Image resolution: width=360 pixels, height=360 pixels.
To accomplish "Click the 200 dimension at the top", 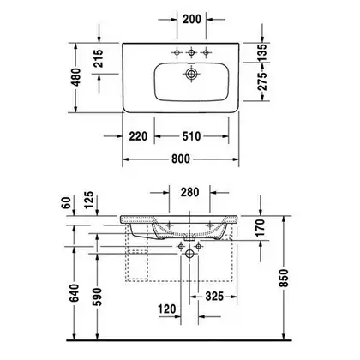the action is click(192, 19).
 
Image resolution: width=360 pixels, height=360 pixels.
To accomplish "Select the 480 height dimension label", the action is click(76, 77).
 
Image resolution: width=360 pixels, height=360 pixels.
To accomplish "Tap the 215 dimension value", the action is click(99, 58).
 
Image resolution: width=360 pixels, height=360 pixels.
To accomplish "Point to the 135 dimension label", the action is click(262, 52).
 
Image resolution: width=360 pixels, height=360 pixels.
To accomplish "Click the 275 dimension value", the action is click(262, 81).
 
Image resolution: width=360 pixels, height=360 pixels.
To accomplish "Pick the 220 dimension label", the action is click(138, 136).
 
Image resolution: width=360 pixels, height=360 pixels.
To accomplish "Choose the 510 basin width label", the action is click(191, 136).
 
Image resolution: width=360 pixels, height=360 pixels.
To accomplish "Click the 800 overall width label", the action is click(181, 159).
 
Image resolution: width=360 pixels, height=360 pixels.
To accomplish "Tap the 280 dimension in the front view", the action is click(189, 192).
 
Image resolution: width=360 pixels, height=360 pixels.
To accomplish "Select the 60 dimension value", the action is click(66, 202).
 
